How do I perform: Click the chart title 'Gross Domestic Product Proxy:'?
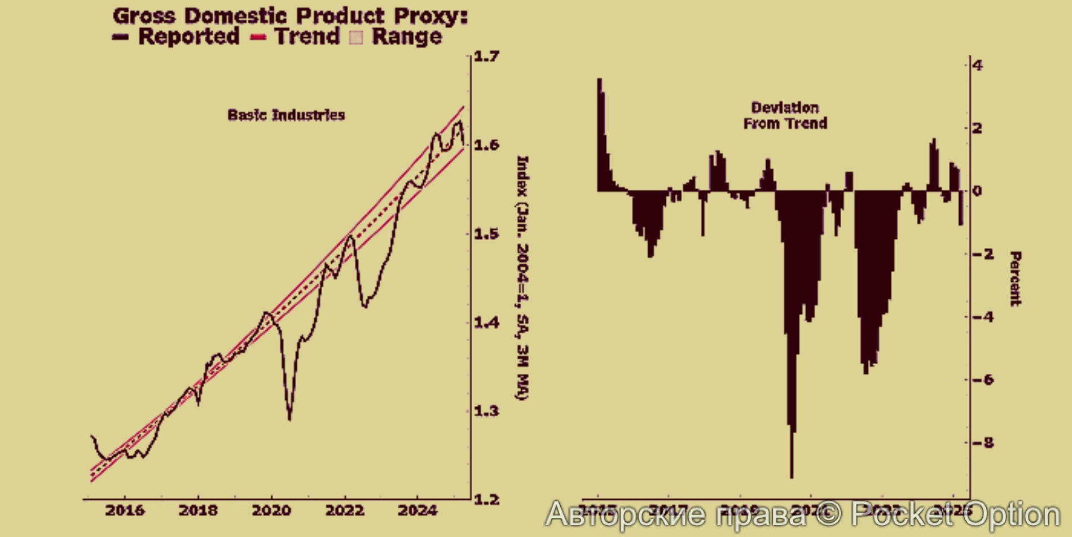pyautogui.click(x=290, y=16)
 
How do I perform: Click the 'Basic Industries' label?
pyautogui.click(x=286, y=115)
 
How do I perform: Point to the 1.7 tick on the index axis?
pyautogui.click(x=486, y=56)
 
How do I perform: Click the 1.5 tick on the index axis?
pyautogui.click(x=486, y=234)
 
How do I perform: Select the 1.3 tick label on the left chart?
pyautogui.click(x=486, y=411)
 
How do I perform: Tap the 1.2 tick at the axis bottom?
pyautogui.click(x=486, y=500)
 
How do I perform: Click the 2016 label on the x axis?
pyautogui.click(x=125, y=510)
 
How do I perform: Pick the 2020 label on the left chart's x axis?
pyautogui.click(x=271, y=510)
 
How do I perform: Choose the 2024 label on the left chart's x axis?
pyautogui.click(x=418, y=510)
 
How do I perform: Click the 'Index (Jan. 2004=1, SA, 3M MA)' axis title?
pyautogui.click(x=522, y=278)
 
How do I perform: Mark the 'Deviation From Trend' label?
pyautogui.click(x=785, y=116)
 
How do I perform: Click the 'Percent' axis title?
pyautogui.click(x=1015, y=279)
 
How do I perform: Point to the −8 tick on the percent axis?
pyautogui.click(x=983, y=443)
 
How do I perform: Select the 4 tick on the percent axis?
pyautogui.click(x=978, y=66)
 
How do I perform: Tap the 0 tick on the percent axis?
pyautogui.click(x=977, y=191)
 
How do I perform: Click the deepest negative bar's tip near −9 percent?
pyautogui.click(x=792, y=477)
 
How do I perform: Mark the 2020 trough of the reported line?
pyautogui.click(x=289, y=419)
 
